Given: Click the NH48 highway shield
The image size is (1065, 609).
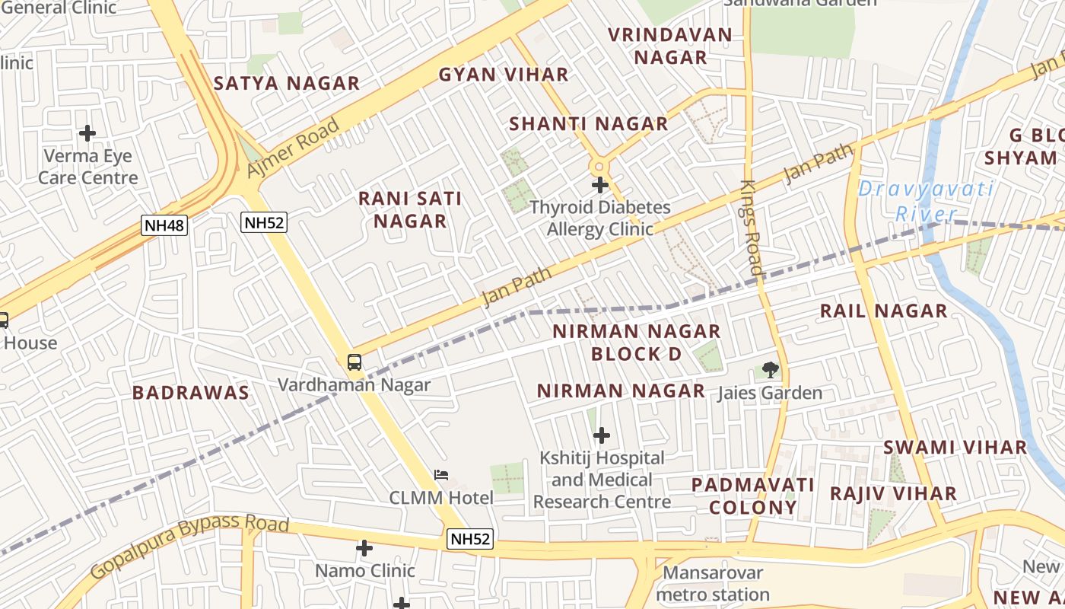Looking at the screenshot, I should pos(164,225).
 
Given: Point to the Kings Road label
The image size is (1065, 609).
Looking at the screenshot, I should pos(752,227).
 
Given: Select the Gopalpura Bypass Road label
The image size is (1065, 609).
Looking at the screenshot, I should pos(190,545).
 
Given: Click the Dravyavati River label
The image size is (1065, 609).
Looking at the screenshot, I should pos(925,201).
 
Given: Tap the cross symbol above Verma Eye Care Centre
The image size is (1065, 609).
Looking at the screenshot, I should pos(87,133).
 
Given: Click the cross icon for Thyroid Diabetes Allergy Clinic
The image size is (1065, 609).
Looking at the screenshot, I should pos(600,184).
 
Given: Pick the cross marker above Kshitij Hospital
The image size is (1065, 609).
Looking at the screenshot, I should pos(602,435).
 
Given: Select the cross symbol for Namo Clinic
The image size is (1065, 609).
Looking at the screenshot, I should pos(364,548).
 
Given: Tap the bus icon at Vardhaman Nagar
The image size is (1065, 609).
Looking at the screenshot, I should pos(354,362).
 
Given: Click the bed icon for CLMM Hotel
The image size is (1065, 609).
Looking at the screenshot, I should pos(441,475).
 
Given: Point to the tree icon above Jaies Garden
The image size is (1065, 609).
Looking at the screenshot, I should pos(771,370).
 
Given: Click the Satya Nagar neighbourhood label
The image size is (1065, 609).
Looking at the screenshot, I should pos(287,84).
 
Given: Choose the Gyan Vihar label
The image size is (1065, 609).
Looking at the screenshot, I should pos(504,75).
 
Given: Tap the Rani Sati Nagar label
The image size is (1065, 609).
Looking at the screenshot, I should pos(410,209).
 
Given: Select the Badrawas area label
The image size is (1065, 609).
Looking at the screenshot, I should pos(191,393).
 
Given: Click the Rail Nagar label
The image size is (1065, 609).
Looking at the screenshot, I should pos(883,311).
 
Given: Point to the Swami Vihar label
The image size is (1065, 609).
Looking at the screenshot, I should pos(955,448).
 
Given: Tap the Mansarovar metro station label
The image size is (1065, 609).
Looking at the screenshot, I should pos(714,583).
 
